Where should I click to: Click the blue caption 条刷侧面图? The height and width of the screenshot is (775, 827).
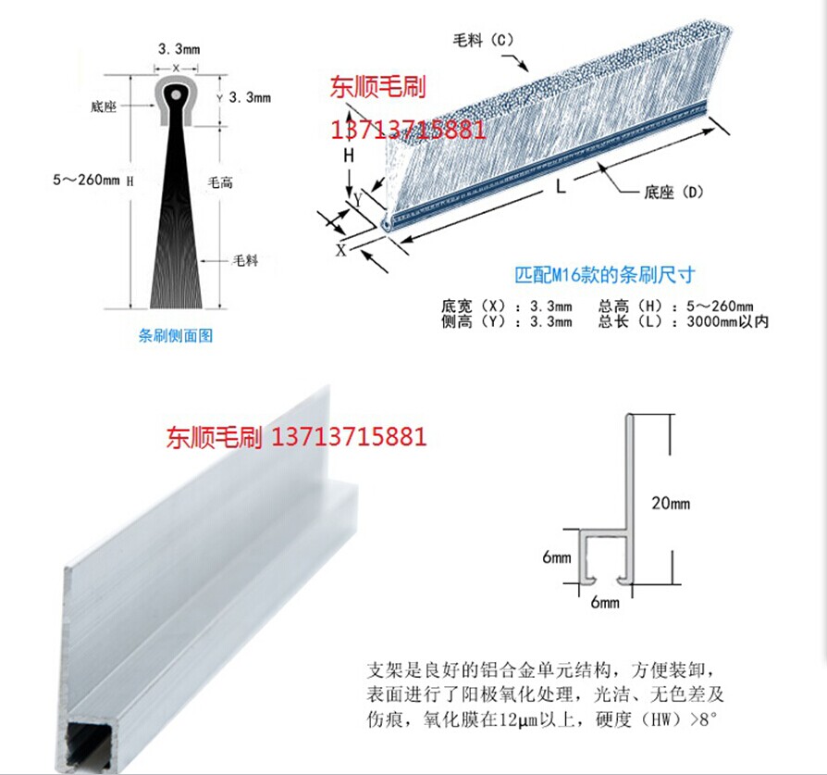pos(176,336)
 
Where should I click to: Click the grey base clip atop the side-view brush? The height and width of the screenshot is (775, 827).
pos(176,102)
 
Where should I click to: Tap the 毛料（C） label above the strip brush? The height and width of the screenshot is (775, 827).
pos(482,41)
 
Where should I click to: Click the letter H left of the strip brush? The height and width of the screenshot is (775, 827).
pos(349,156)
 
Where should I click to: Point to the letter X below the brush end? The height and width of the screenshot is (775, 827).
pos(341,249)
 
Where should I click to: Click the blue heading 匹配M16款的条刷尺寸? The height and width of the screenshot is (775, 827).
pos(604,275)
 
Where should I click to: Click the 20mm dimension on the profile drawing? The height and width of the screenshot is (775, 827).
pos(671,504)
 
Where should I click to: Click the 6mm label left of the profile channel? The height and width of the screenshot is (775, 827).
pos(558,557)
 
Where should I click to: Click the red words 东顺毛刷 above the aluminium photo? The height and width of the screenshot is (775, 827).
pos(216,436)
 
